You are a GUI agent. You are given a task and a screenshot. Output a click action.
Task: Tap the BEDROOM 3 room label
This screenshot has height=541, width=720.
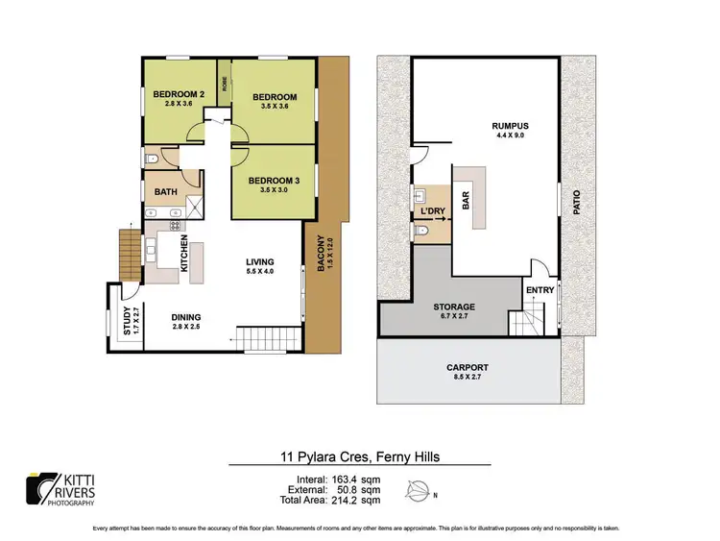click(x=274, y=181)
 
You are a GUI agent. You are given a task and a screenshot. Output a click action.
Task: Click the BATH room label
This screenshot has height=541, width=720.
click(x=165, y=192)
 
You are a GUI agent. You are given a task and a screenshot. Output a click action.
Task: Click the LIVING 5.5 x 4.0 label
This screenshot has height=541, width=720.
click(x=259, y=262)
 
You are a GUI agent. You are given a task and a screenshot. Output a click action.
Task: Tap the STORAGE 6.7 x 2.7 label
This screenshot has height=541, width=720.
click(x=455, y=307)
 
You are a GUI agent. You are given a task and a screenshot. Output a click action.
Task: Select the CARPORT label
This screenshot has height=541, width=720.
click(x=468, y=368)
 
